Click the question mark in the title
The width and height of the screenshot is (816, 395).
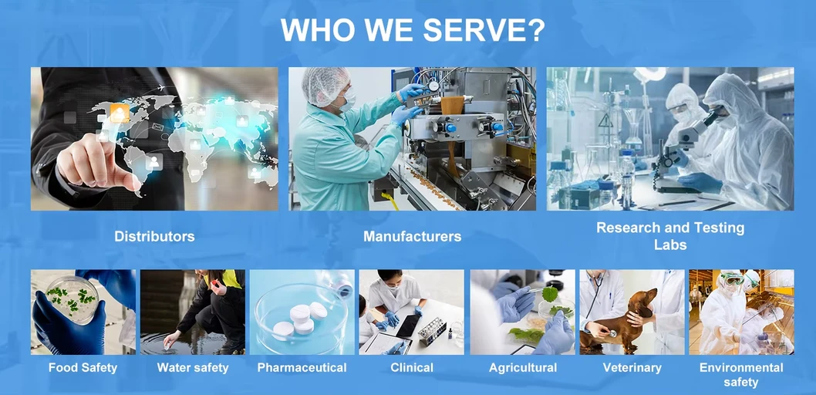(535, 30)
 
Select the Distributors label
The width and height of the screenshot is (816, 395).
(154, 237)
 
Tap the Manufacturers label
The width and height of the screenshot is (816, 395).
(412, 237)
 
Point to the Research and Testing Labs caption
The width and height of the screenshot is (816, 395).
(670, 236)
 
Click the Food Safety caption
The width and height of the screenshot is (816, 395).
(83, 368)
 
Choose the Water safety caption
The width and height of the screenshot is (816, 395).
(193, 368)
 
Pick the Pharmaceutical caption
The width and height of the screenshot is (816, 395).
(302, 368)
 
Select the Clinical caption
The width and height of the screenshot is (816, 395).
(412, 368)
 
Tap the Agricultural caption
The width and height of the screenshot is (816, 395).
(523, 368)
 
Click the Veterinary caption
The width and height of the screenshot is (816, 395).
(632, 368)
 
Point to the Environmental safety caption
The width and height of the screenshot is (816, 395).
(741, 374)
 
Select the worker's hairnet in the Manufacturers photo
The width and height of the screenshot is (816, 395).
(325, 83)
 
